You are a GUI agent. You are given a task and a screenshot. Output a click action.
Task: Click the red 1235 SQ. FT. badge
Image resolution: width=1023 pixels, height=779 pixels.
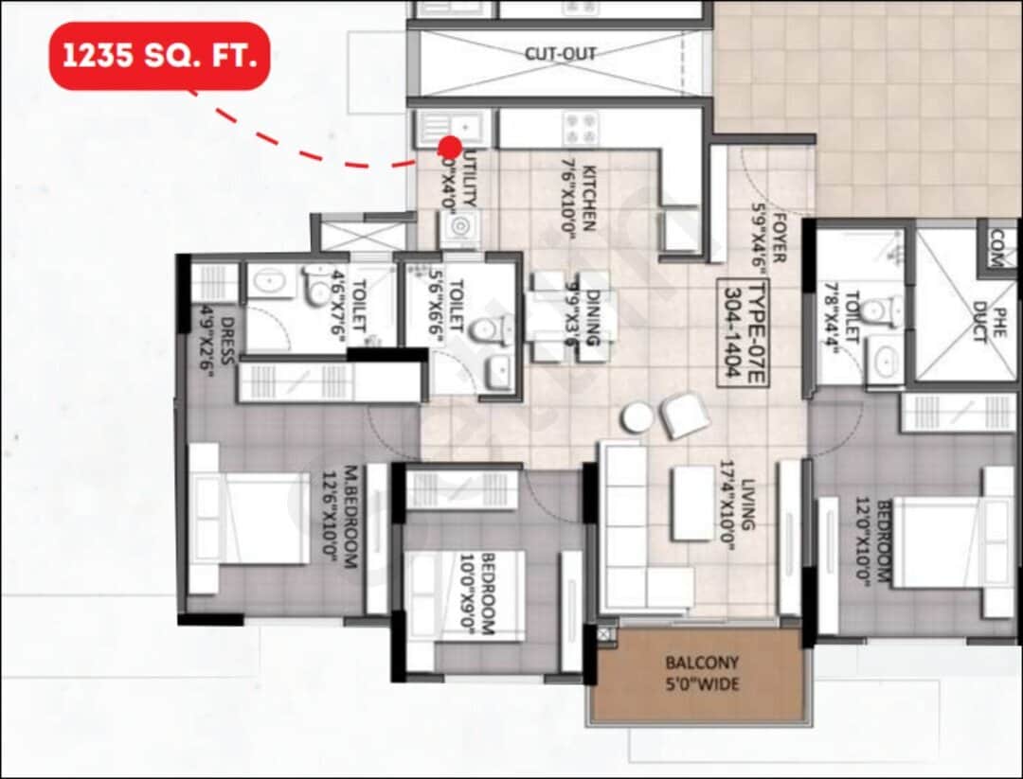pos(159,56)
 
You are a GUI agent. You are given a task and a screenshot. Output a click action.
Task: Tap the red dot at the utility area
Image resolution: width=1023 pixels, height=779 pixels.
pos(450,147)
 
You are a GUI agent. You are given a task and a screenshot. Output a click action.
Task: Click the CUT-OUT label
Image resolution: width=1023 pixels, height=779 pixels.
pos(561,54)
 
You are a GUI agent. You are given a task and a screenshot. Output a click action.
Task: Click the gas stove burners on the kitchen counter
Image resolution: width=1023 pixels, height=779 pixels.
pos(579,127)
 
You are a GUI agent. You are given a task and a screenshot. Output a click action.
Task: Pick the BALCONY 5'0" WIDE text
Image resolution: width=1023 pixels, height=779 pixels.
pos(702,673)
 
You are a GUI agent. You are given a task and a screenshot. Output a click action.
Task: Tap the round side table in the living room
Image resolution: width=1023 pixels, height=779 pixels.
pos(637,417)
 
